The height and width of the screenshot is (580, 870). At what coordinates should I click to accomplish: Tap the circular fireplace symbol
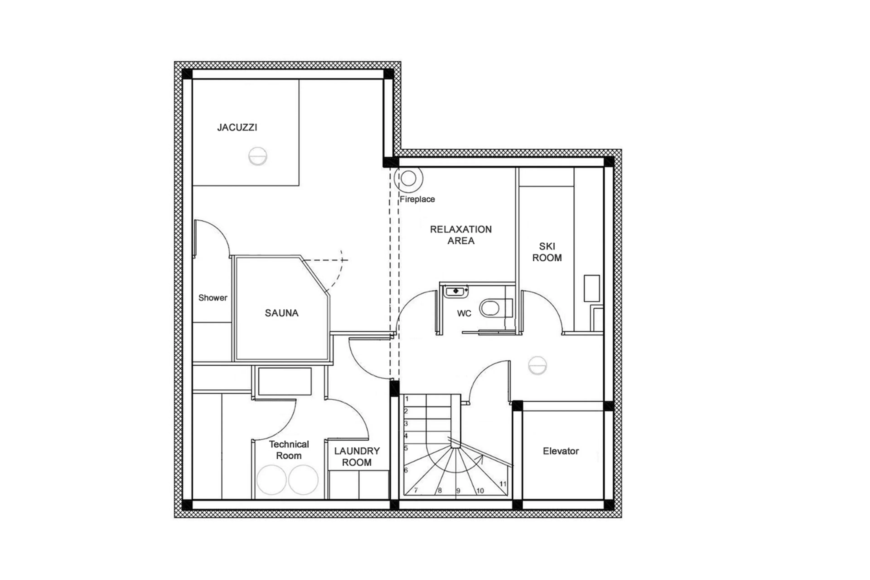(x=408, y=179)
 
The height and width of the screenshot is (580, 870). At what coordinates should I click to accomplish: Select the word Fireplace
(x=417, y=199)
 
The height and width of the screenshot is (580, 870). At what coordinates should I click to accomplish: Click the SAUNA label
(x=281, y=313)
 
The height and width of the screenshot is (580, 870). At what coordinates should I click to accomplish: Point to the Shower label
(x=213, y=298)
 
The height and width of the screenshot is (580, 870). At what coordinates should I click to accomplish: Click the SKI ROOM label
(x=547, y=252)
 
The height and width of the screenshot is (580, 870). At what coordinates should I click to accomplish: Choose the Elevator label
(x=561, y=451)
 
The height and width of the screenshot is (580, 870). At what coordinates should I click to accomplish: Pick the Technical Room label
(x=289, y=450)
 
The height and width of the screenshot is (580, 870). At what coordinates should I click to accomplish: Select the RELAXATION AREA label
(x=461, y=235)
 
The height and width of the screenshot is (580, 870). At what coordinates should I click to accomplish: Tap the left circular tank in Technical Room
(x=271, y=480)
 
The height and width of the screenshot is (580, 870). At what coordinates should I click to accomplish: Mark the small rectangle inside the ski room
(x=591, y=288)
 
